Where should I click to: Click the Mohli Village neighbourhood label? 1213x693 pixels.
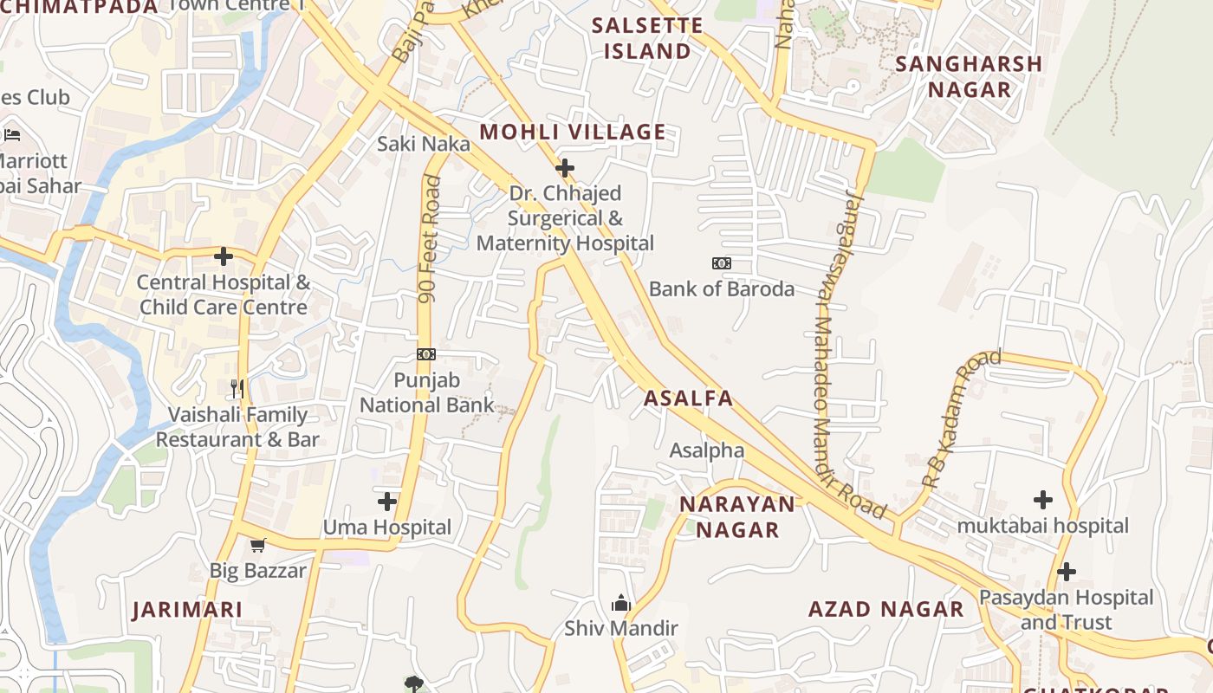click(573, 133)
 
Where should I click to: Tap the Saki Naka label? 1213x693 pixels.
click(423, 144)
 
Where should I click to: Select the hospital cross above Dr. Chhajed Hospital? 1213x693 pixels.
click(565, 167)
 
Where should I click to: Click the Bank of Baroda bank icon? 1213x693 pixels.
click(721, 262)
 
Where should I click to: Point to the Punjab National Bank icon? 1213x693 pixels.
click(425, 354)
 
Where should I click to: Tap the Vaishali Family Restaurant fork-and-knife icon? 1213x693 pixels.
click(237, 389)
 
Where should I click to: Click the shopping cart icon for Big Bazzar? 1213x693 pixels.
click(257, 545)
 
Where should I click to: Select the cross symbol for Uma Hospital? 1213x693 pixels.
click(387, 502)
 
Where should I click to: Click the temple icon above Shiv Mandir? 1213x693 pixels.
click(620, 603)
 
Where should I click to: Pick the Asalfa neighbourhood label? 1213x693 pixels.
click(689, 398)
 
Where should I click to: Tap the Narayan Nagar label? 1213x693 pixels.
click(737, 516)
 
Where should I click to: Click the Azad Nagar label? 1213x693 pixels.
click(885, 609)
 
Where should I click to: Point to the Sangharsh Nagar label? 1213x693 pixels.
click(969, 76)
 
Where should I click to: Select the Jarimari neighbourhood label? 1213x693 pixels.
click(187, 610)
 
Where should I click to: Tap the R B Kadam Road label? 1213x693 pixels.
click(961, 418)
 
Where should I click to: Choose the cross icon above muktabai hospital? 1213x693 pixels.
click(1043, 500)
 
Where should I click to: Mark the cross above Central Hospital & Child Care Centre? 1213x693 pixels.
click(224, 256)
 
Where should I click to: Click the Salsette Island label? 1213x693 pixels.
click(647, 38)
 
